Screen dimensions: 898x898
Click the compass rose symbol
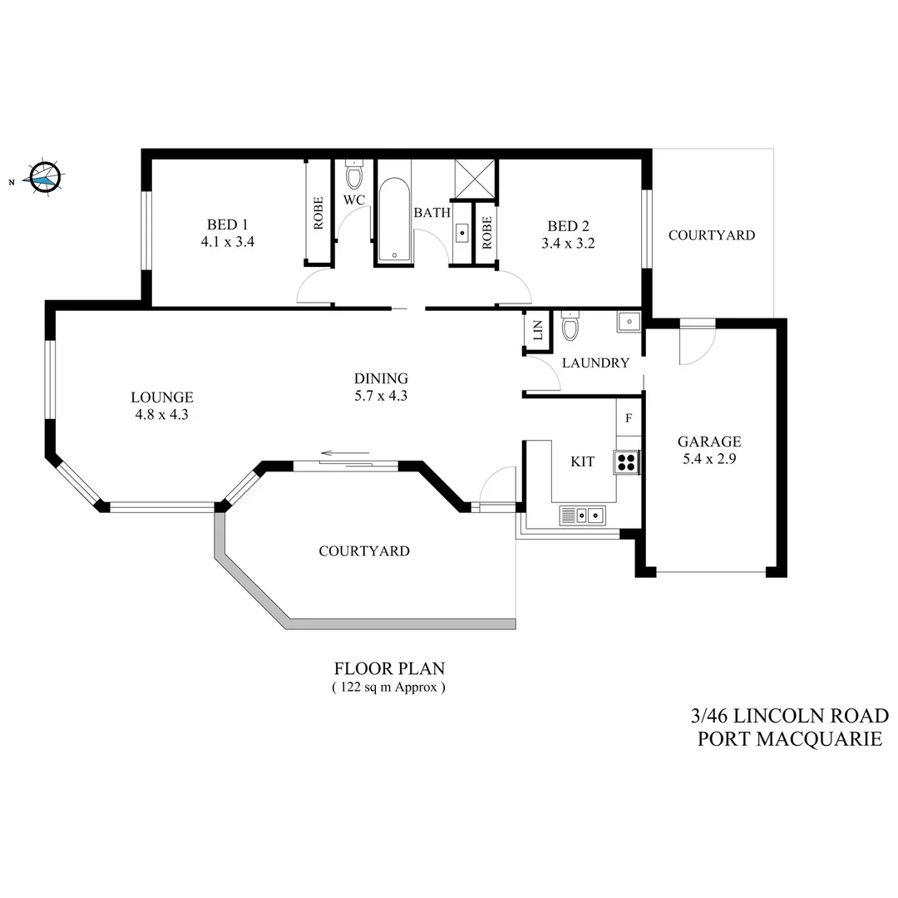coord(44,176)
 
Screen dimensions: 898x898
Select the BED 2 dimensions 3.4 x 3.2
coord(570,244)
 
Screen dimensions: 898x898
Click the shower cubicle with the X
coord(475,178)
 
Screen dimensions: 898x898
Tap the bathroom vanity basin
coord(462,231)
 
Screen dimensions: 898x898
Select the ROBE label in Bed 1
coord(318,212)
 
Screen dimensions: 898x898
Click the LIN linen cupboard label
coord(536,330)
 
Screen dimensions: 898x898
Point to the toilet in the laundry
coord(570,328)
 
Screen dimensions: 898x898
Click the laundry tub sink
coord(629,321)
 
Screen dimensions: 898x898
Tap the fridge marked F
coord(629,417)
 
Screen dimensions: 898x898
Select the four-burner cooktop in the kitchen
coord(626,461)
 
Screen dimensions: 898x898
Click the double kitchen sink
coord(584,515)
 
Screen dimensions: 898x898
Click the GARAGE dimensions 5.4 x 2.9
coord(708,458)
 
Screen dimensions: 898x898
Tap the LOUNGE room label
coord(162,397)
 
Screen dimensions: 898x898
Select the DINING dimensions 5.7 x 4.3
coord(380,396)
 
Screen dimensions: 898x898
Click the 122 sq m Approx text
coord(388,688)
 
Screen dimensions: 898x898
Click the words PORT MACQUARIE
coord(790,738)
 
